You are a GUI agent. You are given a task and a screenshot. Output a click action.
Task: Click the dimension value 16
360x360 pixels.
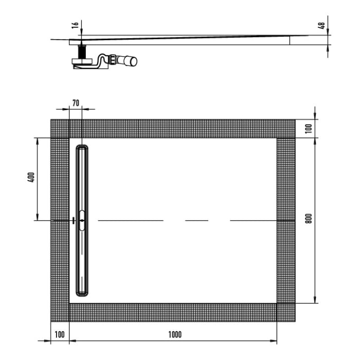tap(75, 25)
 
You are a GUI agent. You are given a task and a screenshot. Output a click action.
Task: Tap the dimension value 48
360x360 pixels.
tap(322, 25)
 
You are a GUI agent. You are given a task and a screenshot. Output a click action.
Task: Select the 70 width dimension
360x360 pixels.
tap(76, 103)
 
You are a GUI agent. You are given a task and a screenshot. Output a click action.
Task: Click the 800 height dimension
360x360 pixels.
tap(309, 218)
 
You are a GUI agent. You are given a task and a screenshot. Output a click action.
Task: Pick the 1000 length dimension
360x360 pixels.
tap(175, 335)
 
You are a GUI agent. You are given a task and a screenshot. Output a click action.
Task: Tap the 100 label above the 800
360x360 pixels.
tap(309, 128)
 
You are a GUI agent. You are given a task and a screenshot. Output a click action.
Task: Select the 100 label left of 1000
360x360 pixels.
tap(59, 335)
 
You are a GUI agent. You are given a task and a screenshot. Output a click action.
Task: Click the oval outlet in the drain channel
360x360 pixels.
tap(82, 220)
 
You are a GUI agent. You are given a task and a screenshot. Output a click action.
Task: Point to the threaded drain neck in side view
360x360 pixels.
tap(81, 52)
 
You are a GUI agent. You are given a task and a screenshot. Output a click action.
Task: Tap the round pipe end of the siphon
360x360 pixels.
tap(134, 61)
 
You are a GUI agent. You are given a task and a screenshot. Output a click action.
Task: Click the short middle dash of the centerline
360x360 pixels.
tap(196, 220)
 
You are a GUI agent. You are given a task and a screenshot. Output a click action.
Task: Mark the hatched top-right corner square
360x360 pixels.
tap(286, 129)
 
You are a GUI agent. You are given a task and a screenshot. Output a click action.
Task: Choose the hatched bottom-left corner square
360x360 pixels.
tap(60, 313)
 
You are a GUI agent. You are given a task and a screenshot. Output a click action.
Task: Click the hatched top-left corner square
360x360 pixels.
tap(60, 129)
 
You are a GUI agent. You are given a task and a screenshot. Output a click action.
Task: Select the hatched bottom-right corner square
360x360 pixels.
tap(286, 313)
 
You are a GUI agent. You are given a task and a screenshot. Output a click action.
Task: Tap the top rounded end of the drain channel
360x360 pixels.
tap(82, 149)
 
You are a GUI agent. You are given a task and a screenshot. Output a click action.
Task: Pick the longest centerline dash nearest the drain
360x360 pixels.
tap(131, 220)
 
